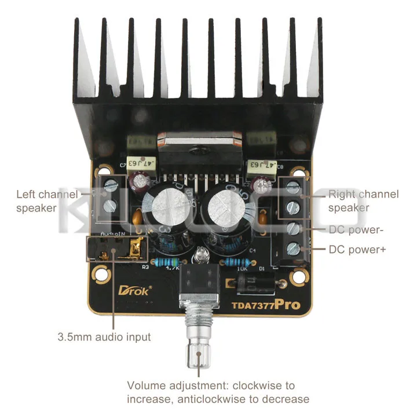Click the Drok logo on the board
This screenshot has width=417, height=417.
134,290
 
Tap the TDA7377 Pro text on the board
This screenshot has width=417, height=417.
266,304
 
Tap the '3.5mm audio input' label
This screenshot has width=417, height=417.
104,336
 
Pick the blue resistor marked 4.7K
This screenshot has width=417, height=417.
172,261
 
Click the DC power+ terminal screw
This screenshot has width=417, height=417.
294,250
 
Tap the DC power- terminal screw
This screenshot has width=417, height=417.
294,228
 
